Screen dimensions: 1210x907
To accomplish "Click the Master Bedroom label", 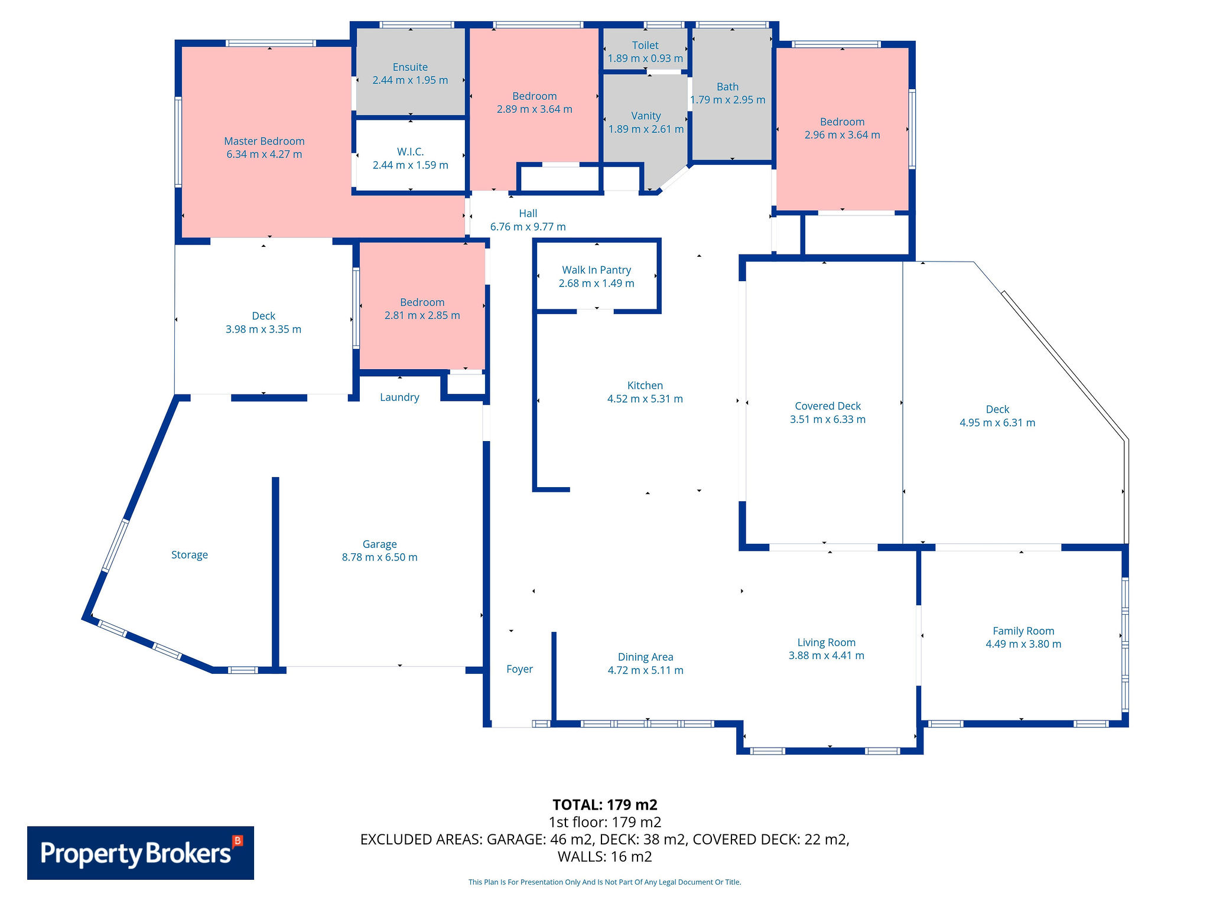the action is [x=264, y=141].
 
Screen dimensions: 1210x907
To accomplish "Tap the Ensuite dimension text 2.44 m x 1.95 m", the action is [x=410, y=80].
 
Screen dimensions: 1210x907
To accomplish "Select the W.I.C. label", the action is [x=410, y=152].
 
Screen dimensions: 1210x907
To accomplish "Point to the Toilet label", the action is [x=645, y=45].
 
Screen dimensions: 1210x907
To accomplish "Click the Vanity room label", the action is [x=646, y=116].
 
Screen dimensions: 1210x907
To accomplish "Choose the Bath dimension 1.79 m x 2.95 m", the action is [x=728, y=100].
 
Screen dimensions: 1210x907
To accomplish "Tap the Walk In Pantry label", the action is [x=597, y=270].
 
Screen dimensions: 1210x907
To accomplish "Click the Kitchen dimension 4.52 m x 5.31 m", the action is [x=645, y=399].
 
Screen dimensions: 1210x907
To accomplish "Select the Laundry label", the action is [x=399, y=397].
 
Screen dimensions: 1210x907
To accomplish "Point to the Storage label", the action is [x=190, y=555].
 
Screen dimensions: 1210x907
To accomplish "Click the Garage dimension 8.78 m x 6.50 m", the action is [x=380, y=557].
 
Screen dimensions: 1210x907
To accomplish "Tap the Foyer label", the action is [x=520, y=669].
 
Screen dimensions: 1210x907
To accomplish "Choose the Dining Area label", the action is [x=646, y=657].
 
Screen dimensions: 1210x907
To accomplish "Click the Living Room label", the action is [x=827, y=642].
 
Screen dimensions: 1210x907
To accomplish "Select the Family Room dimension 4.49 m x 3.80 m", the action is [x=1023, y=644].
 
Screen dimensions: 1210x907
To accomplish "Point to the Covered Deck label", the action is [x=828, y=406].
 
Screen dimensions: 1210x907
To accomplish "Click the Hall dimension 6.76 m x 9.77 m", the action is [x=528, y=227].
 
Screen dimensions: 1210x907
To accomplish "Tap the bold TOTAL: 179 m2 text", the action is [x=605, y=805].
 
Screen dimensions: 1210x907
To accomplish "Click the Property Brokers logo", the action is [x=141, y=853].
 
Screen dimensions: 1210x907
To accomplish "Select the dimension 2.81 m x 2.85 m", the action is [x=422, y=315].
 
